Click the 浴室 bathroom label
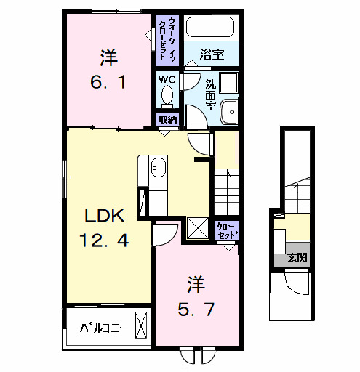coord(212,54)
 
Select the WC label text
coord(167,79)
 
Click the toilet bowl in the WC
coord(167,96)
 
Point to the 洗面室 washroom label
coord(210,94)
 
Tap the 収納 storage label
coord(167,119)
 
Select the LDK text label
coord(107,216)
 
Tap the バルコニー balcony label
coord(103,328)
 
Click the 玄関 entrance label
coord(295,257)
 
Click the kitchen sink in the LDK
coord(159,169)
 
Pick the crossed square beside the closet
coord(197,228)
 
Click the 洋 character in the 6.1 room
coord(109,56)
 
